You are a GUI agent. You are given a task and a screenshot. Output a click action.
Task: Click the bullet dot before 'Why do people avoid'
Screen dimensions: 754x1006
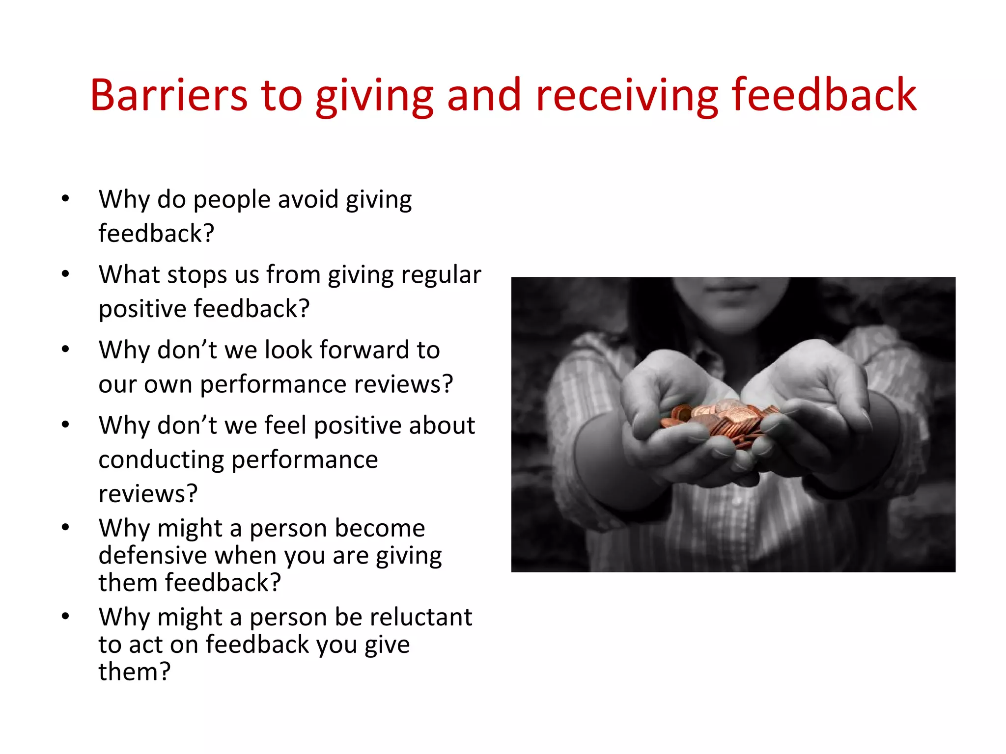pyautogui.click(x=65, y=199)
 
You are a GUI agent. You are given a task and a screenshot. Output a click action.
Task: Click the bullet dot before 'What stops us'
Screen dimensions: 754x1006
pyautogui.click(x=65, y=274)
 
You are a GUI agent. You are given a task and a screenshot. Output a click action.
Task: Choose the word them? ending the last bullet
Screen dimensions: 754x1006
pyautogui.click(x=134, y=672)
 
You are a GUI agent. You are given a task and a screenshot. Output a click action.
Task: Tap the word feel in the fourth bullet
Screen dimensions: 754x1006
pyautogui.click(x=285, y=425)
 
